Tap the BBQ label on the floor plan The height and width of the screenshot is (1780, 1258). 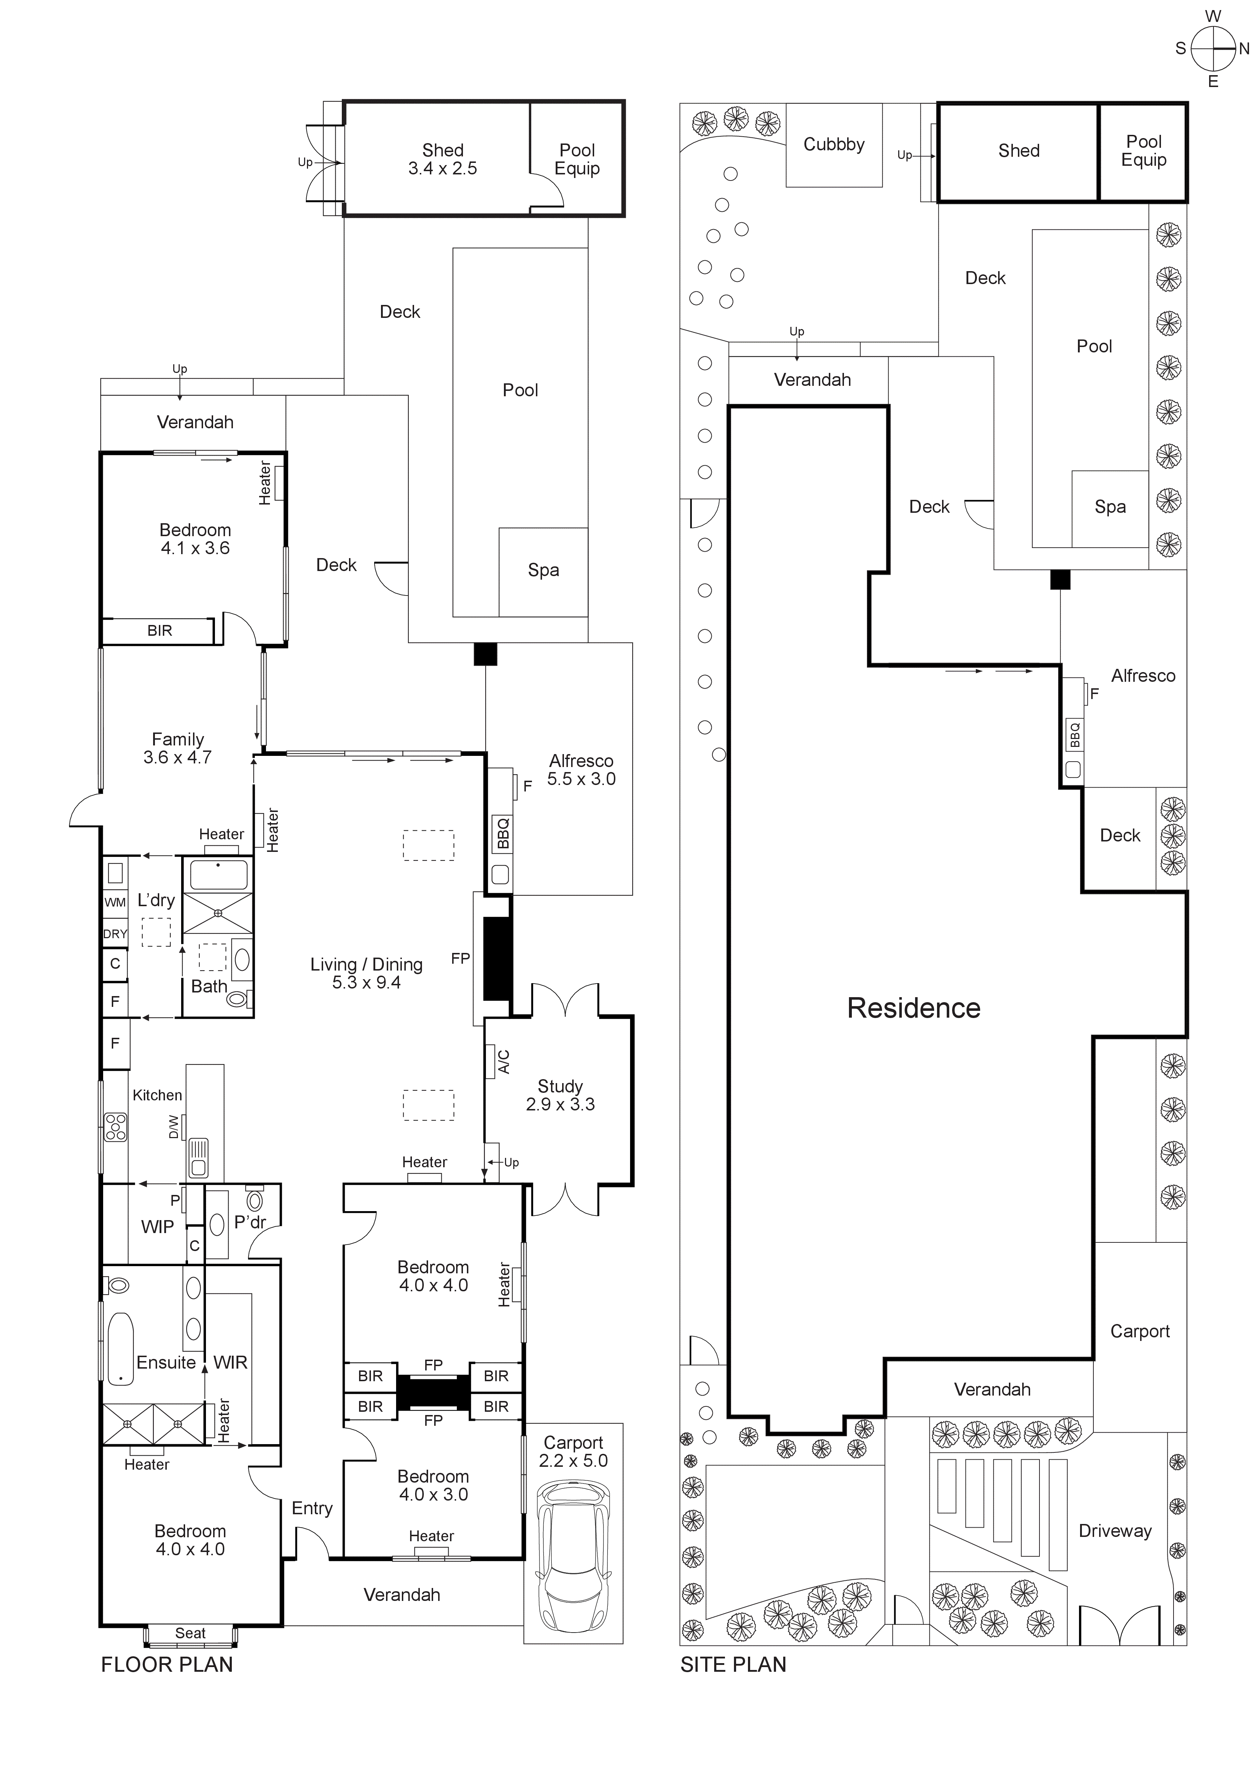coord(501,834)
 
